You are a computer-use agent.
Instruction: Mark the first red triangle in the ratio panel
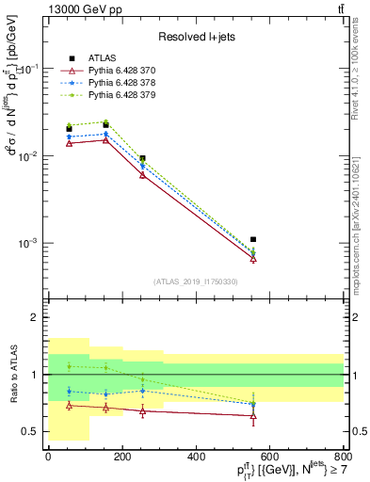tap(69, 405)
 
